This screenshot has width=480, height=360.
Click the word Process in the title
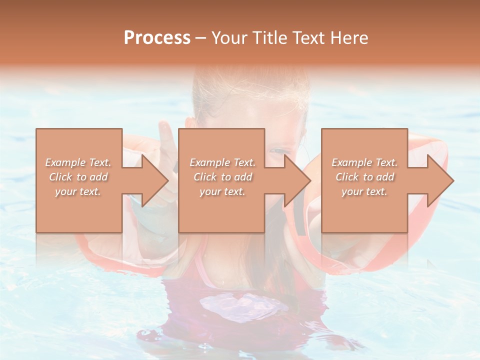coord(157,38)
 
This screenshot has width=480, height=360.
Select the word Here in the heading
coord(348,38)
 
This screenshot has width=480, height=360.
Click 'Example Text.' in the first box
coord(78,162)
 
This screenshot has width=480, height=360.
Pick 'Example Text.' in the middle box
coord(222,162)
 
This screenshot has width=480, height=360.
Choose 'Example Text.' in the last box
coord(364,162)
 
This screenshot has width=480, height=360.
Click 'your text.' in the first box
coord(78,191)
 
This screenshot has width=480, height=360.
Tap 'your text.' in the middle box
coord(222,191)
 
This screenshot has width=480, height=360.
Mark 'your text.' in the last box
coord(364,191)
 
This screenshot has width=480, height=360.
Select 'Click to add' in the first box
coord(78,177)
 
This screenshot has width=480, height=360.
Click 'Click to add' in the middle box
coord(222,177)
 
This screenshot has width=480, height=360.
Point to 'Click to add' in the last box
coord(364,177)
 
